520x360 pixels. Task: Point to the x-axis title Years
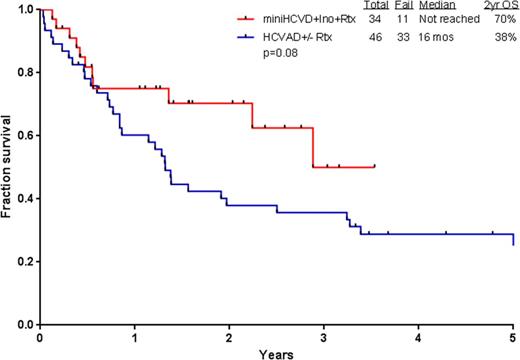click(276, 353)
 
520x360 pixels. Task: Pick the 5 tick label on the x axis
click(513, 337)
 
